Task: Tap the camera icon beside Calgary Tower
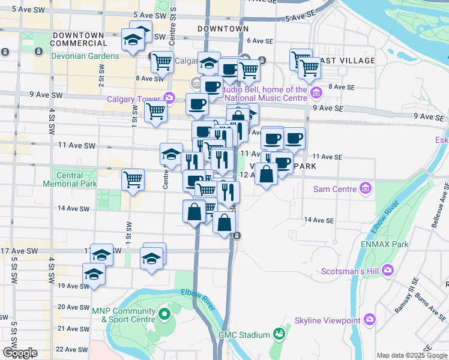[x=169, y=98]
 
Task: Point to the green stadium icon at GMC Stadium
[x=279, y=334]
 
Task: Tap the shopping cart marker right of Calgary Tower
[x=155, y=110]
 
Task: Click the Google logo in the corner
[x=19, y=353]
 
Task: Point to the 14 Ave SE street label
[x=318, y=220]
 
